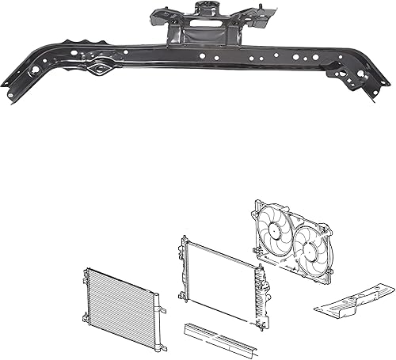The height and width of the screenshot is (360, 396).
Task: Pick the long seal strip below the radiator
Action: pos(219,336)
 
